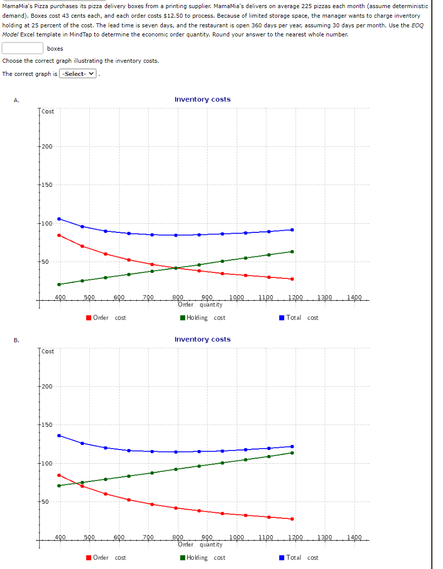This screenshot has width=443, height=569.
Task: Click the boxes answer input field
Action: (x=22, y=48)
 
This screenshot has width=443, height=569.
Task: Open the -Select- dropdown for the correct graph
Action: (x=78, y=74)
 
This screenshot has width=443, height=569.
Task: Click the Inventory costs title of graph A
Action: (x=202, y=100)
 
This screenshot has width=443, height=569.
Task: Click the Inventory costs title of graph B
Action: (x=202, y=340)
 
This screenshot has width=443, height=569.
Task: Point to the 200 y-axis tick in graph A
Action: (x=47, y=147)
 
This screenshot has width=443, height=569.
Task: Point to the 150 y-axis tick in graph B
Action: (x=47, y=425)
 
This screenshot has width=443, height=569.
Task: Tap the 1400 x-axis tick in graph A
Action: (x=355, y=297)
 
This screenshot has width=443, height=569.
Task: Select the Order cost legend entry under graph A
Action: (x=106, y=318)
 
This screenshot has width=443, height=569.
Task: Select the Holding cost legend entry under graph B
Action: (x=202, y=558)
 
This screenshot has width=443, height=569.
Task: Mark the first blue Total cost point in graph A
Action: (x=59, y=219)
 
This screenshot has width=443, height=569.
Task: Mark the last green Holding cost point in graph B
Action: (x=292, y=453)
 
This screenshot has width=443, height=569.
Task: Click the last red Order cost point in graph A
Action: (x=292, y=279)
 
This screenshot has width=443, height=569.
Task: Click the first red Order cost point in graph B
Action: (x=59, y=475)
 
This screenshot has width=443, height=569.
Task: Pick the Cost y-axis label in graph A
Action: (x=48, y=111)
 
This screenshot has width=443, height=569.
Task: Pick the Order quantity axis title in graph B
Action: (x=200, y=545)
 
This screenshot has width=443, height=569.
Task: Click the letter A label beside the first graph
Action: (x=17, y=100)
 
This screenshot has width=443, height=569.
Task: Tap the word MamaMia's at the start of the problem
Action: (x=16, y=6)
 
